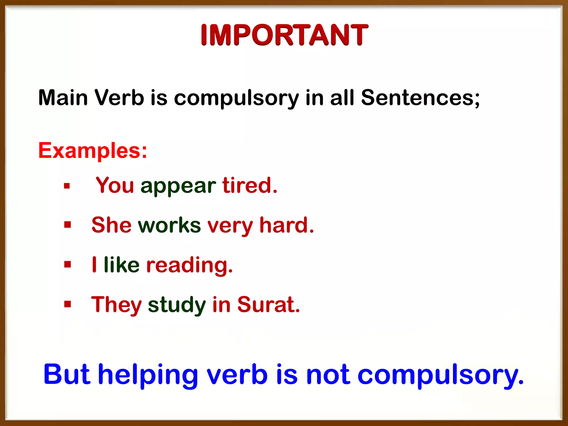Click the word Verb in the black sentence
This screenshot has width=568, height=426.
coord(119,98)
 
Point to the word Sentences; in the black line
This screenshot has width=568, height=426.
coord(420,98)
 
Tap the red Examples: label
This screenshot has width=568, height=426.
coord(93,151)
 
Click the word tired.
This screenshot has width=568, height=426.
coord(250,185)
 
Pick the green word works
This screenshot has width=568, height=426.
coord(169,225)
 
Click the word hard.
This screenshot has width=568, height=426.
coord(286,225)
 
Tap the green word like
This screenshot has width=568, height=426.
coord(121,265)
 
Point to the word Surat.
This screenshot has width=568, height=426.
coord(268,305)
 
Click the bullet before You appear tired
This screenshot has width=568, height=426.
coord(67,186)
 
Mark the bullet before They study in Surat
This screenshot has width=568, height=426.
coord(67,304)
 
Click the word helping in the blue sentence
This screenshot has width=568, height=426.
coord(148,375)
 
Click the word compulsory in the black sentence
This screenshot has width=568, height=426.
coord(236,98)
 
